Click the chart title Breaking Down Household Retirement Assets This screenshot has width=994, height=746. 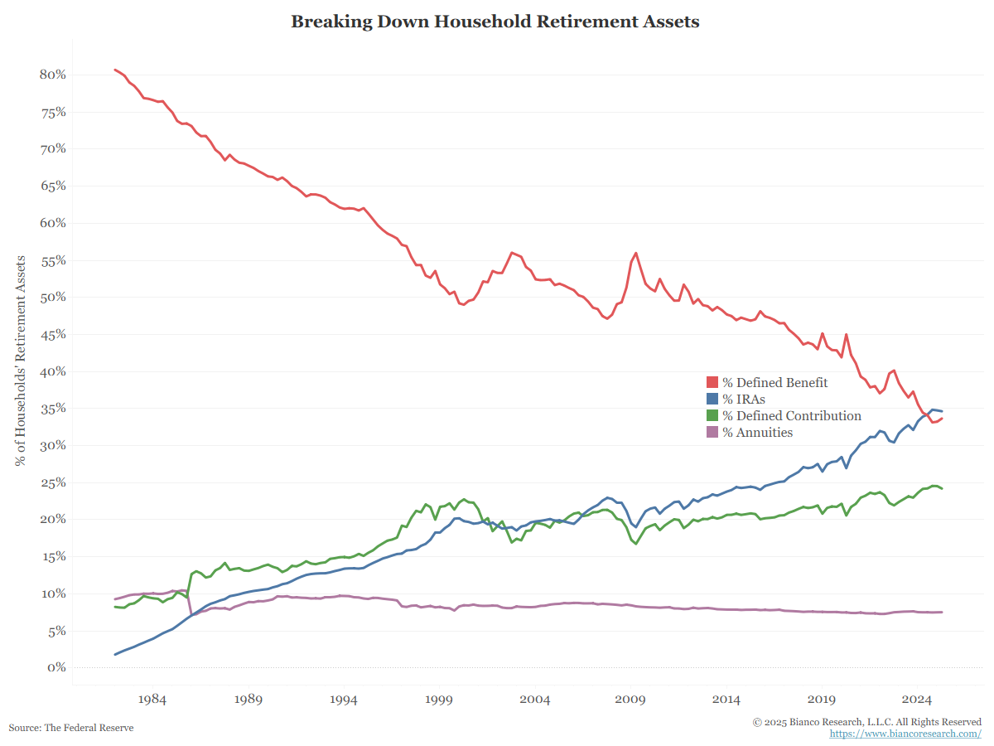tap(495, 22)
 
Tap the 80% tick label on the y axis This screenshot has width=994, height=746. tap(52, 75)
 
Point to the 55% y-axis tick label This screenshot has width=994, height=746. tap(52, 260)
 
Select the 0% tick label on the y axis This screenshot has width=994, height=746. tap(55, 667)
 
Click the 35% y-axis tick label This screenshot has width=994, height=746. tap(52, 409)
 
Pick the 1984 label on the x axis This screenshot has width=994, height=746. tap(152, 700)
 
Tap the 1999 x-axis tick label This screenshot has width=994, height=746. tap(439, 700)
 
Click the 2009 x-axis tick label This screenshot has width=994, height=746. tap(630, 700)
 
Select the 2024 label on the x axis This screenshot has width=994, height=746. tap(917, 700)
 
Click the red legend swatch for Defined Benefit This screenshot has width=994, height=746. tap(712, 382)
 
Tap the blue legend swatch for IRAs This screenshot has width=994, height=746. tap(712, 399)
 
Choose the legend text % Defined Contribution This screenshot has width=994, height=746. tap(792, 415)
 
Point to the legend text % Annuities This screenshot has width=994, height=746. tap(757, 432)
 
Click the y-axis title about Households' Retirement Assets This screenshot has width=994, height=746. tap(22, 361)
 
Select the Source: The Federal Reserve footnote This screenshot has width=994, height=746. tap(71, 727)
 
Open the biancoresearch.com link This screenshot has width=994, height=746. tap(905, 734)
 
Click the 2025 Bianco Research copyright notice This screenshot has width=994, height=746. tap(867, 722)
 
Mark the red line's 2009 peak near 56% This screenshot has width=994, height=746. tap(635, 253)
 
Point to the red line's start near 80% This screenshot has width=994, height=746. tap(115, 70)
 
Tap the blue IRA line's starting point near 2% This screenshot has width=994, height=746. tap(115, 655)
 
